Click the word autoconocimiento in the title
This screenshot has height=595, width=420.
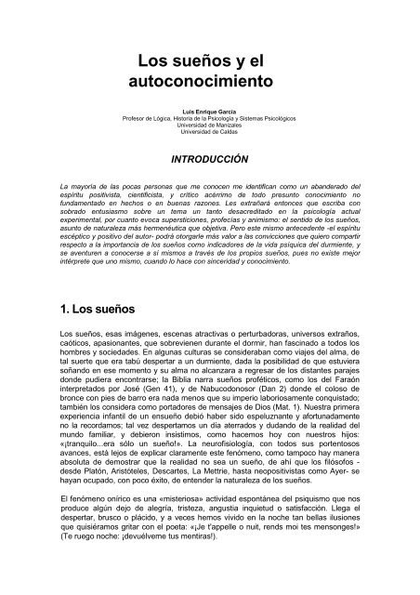tap(209, 81)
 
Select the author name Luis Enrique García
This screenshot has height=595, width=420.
tap(210, 112)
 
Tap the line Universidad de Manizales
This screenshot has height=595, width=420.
tap(210, 126)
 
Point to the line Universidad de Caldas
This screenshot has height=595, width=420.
tap(210, 132)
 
